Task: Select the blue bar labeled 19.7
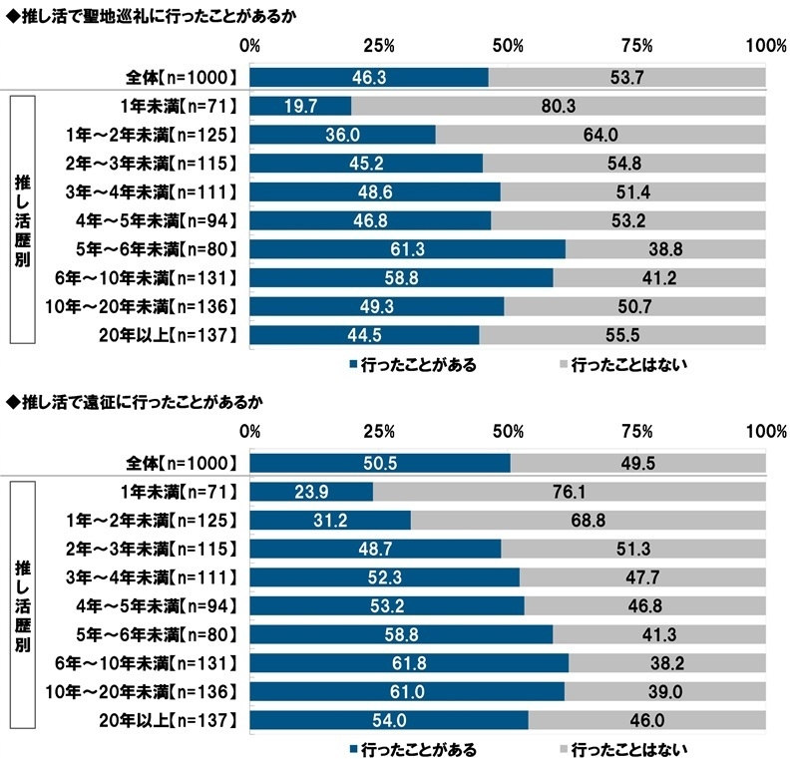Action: [300, 106]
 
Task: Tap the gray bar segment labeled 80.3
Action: [559, 106]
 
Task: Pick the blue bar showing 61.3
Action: [407, 248]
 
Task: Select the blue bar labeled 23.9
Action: [311, 492]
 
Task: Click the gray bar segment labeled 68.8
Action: [589, 520]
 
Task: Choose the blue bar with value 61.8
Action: [409, 662]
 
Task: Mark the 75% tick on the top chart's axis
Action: [636, 46]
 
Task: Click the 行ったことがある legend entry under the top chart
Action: [411, 365]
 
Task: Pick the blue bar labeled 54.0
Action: [388, 720]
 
